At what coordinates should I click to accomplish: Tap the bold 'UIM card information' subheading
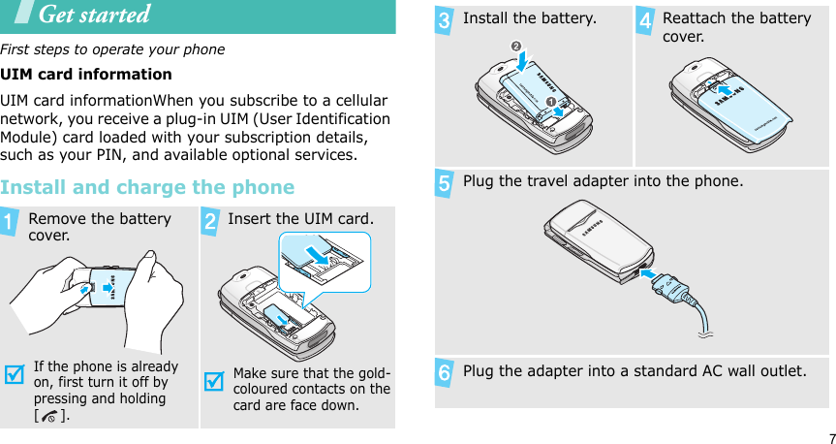(x=86, y=74)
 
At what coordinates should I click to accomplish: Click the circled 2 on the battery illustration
(x=516, y=47)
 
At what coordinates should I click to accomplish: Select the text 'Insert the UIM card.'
(x=300, y=219)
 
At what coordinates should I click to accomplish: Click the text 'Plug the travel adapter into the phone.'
(x=604, y=181)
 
